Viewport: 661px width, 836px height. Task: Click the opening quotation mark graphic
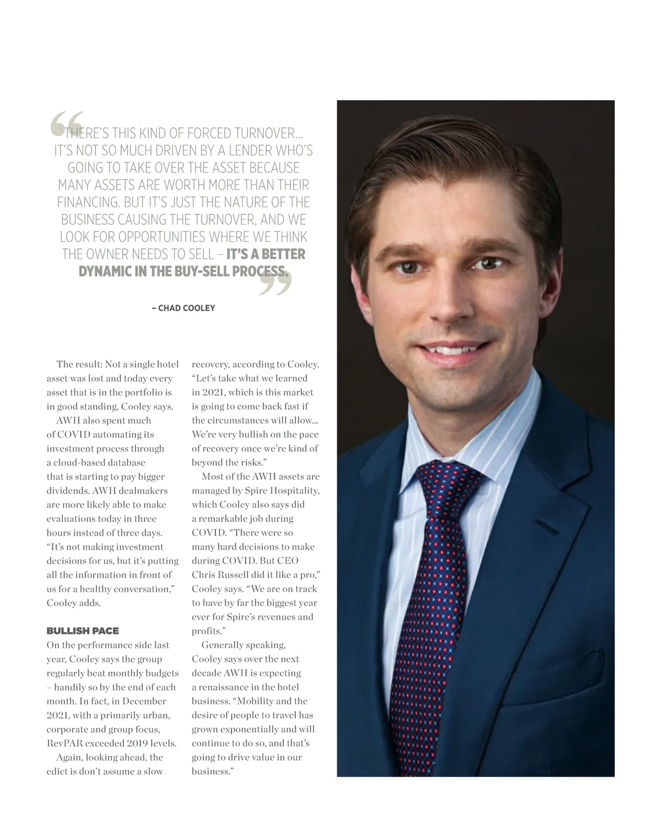click(x=67, y=123)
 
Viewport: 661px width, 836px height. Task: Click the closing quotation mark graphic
click(x=275, y=282)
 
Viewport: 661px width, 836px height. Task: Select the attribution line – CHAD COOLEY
click(x=183, y=308)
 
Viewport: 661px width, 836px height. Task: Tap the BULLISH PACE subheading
click(x=83, y=631)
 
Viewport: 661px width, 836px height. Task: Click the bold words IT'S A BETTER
click(x=266, y=254)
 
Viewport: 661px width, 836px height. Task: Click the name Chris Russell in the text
click(x=220, y=574)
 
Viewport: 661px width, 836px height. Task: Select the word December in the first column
click(x=144, y=701)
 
